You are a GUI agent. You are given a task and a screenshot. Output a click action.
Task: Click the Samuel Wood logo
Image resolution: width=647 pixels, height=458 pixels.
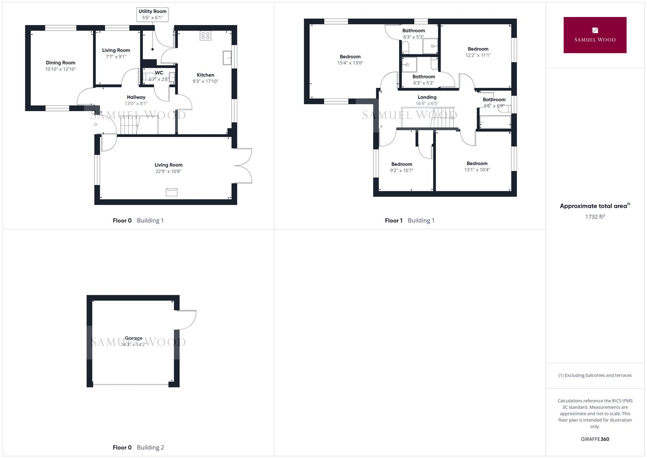pos(595,35)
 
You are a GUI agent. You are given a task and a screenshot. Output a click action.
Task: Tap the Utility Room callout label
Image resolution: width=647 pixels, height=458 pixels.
pos(153,14)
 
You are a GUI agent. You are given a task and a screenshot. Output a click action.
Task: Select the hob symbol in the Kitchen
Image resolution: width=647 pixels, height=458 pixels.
pos(205,36)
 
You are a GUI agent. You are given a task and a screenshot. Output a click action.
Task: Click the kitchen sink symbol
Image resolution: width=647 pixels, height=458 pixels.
pos(227,58)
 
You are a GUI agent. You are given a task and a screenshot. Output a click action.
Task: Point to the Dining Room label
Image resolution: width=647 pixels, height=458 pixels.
pos(60,63)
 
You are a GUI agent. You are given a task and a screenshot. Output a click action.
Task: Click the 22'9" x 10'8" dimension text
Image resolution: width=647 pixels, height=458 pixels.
pos(168,171)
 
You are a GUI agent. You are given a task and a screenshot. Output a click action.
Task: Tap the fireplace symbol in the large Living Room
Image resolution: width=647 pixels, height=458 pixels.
pos(172,192)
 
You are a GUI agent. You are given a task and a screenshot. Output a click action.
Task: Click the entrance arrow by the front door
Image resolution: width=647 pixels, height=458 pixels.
pos(95,125)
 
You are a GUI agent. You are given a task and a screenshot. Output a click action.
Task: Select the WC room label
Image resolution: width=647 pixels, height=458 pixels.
pos(159,73)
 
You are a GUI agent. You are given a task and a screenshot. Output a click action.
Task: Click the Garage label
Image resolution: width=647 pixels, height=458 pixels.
pos(133,338)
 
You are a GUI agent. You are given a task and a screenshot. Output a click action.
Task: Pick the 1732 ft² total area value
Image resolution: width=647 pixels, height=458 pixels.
pos(595,217)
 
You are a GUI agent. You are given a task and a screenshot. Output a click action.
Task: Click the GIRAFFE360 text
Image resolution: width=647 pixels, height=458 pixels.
pos(595,439)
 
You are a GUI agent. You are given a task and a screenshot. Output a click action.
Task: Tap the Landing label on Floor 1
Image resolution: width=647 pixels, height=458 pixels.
pos(427,97)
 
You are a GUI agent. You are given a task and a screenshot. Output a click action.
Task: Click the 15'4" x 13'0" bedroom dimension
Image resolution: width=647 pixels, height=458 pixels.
pos(350,63)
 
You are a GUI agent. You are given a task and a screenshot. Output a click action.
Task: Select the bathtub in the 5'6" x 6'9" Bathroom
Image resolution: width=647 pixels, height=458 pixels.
pos(495,122)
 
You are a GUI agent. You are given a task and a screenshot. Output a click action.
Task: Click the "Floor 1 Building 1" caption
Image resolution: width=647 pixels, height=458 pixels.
pos(410,221)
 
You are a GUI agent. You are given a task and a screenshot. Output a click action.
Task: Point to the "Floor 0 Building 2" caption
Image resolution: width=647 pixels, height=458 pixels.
pos(139,447)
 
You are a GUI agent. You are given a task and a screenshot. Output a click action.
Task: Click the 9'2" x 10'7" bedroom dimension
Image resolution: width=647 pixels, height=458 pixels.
pos(402,170)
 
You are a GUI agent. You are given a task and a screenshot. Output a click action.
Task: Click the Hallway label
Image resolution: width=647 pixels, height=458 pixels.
pos(136,97)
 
